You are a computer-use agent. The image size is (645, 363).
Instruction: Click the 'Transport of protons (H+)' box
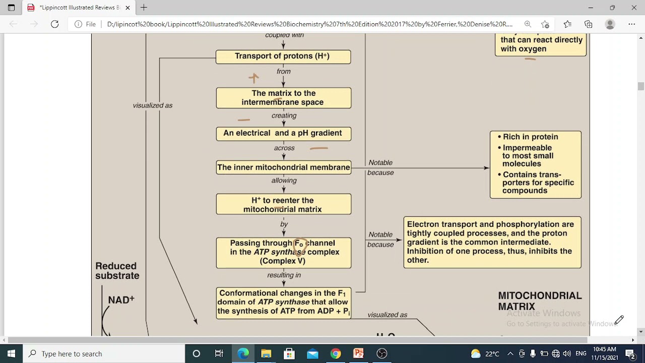(283, 56)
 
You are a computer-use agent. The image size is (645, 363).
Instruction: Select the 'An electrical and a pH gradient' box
(283, 133)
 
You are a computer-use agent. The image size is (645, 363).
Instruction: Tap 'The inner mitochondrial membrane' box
(283, 167)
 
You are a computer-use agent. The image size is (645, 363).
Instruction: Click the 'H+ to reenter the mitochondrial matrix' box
(283, 205)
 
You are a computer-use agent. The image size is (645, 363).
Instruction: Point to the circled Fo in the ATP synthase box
(299, 245)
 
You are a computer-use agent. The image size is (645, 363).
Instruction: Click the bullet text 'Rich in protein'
(530, 137)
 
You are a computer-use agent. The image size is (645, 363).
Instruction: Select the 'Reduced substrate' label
(117, 271)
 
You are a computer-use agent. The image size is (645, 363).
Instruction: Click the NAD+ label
(121, 300)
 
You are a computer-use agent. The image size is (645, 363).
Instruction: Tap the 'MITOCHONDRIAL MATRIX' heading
(539, 301)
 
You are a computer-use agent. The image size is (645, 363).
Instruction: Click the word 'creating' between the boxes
(284, 115)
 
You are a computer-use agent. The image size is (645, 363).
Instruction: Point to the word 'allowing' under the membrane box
(284, 180)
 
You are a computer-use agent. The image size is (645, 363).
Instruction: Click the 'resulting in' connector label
(284, 275)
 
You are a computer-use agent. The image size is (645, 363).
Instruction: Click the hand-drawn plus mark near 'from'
(253, 78)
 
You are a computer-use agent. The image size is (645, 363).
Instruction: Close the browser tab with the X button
(127, 8)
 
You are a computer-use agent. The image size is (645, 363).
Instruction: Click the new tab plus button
(144, 8)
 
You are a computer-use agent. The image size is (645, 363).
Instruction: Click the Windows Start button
(11, 353)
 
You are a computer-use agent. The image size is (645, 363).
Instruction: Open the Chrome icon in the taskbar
(336, 353)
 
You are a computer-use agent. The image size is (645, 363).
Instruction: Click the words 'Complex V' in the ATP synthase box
(283, 261)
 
